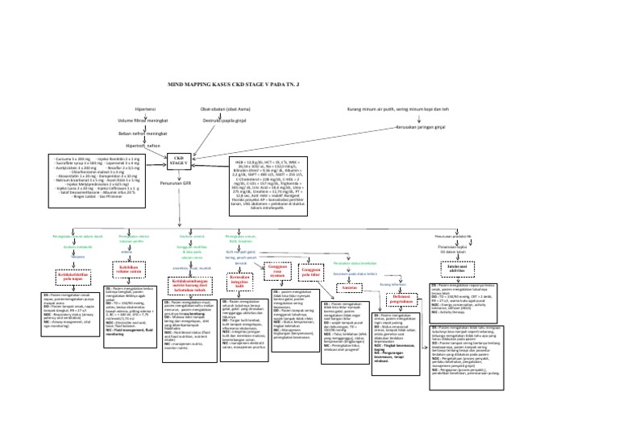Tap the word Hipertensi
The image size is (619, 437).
coord(146,108)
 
